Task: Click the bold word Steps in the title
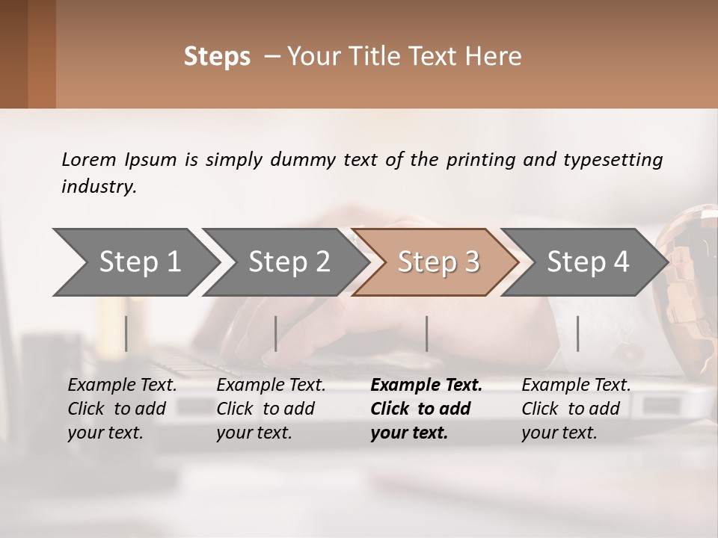217,57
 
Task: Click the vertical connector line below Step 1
126,333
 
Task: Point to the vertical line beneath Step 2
276,333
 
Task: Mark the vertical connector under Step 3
426,333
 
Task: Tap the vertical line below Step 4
577,333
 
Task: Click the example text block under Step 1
122,409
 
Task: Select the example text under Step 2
271,409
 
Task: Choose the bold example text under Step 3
426,409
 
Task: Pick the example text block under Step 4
576,409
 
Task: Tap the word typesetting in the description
613,160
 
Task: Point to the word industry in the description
98,187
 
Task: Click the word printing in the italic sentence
479,160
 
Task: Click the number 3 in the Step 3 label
471,262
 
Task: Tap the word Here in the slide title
497,57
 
